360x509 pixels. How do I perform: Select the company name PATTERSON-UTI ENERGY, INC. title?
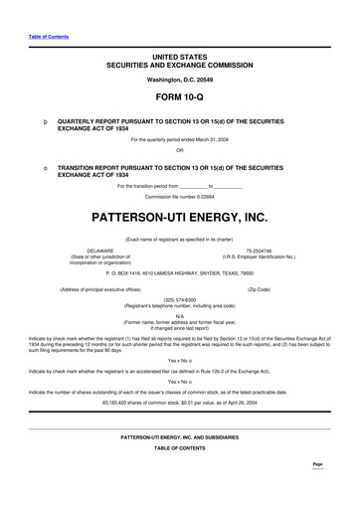180,215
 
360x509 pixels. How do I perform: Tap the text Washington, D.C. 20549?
180,78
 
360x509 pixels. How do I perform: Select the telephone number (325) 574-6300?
180,297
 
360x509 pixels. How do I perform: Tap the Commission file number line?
180,197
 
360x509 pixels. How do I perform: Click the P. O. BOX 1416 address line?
180,271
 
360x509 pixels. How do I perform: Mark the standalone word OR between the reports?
180,151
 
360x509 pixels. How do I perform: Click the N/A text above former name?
180,316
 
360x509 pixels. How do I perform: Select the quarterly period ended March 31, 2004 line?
180,140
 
